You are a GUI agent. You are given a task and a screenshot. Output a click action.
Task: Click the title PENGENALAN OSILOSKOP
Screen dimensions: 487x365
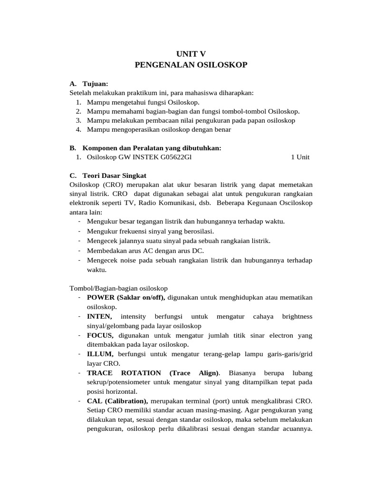[x=191, y=65]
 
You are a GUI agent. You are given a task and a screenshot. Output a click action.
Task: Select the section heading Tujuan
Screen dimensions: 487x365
[x=95, y=84]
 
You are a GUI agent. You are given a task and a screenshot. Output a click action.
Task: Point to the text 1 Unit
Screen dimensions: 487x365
[x=300, y=157]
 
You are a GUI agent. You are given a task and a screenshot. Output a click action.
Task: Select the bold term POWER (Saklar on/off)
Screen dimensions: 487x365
[x=126, y=297]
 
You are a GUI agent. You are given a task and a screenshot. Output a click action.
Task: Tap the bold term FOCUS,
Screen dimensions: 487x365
[x=100, y=335]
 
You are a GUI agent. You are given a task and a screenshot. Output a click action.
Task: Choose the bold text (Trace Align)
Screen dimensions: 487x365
[x=194, y=373]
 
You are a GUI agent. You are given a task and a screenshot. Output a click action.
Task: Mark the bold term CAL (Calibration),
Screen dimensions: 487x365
[x=117, y=401]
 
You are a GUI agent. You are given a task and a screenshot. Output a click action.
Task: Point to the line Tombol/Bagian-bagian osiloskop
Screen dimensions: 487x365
[x=118, y=288]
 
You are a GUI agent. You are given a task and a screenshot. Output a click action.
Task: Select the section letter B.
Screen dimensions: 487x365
[x=72, y=148]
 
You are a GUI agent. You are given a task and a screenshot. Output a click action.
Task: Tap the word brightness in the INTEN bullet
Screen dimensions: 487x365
[x=297, y=316]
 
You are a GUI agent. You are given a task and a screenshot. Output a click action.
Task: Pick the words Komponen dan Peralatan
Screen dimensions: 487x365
[x=117, y=148]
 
